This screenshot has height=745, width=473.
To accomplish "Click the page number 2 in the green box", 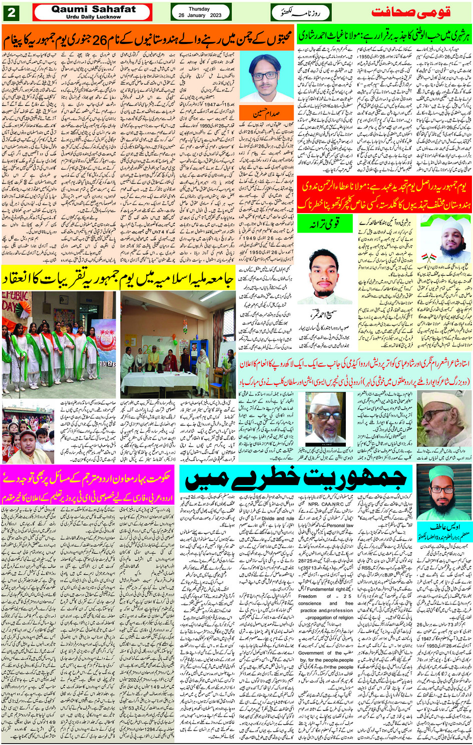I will pos(11,12).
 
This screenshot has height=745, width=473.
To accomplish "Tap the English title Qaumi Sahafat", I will pos(94,9).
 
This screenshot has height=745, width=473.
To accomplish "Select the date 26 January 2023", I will pos(199,15).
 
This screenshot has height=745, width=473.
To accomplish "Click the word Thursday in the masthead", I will pos(199,8).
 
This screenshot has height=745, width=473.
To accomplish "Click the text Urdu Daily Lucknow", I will pos(94,16).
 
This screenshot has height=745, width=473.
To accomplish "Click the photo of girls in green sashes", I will pos(59,345).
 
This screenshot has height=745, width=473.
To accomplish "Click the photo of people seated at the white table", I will pos(178,345).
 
